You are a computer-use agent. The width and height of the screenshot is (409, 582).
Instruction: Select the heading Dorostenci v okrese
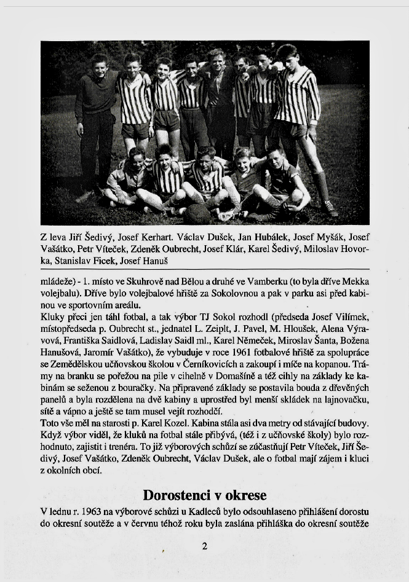[205, 495]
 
